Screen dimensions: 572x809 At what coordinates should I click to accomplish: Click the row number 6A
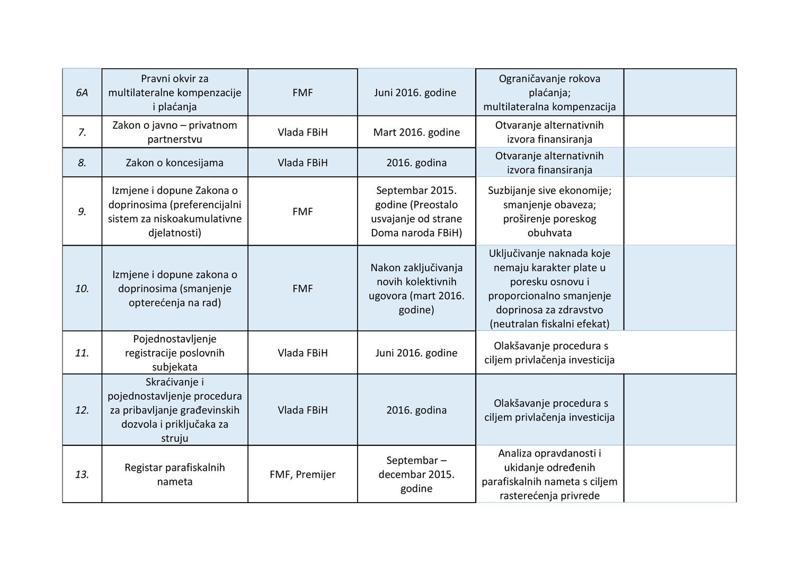[x=82, y=93]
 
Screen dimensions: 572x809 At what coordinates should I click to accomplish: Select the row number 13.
[x=82, y=475]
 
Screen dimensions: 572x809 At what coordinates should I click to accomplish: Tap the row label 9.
[x=82, y=212]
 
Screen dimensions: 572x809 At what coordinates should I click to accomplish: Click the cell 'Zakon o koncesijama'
[x=174, y=163]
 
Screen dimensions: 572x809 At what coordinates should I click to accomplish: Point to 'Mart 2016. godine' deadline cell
[x=416, y=132]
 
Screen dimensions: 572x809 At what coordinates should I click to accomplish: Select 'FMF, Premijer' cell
[x=303, y=475]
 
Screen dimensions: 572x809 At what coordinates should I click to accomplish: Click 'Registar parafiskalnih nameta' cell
[x=174, y=475]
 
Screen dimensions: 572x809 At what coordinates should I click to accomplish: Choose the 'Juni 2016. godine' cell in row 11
[x=416, y=353]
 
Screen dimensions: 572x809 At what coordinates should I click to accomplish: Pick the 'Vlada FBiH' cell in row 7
[x=303, y=132]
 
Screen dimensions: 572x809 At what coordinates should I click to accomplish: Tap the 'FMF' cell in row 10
[x=303, y=289]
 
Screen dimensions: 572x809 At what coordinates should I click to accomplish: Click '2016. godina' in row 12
[x=416, y=410]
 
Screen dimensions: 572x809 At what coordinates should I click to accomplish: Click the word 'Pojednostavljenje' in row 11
[x=174, y=339]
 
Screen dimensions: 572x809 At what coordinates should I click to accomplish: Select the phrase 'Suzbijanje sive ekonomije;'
[x=549, y=191]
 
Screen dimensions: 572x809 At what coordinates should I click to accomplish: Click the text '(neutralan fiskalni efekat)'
[x=549, y=324]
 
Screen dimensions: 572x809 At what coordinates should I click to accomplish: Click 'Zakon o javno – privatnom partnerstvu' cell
[x=174, y=132]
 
